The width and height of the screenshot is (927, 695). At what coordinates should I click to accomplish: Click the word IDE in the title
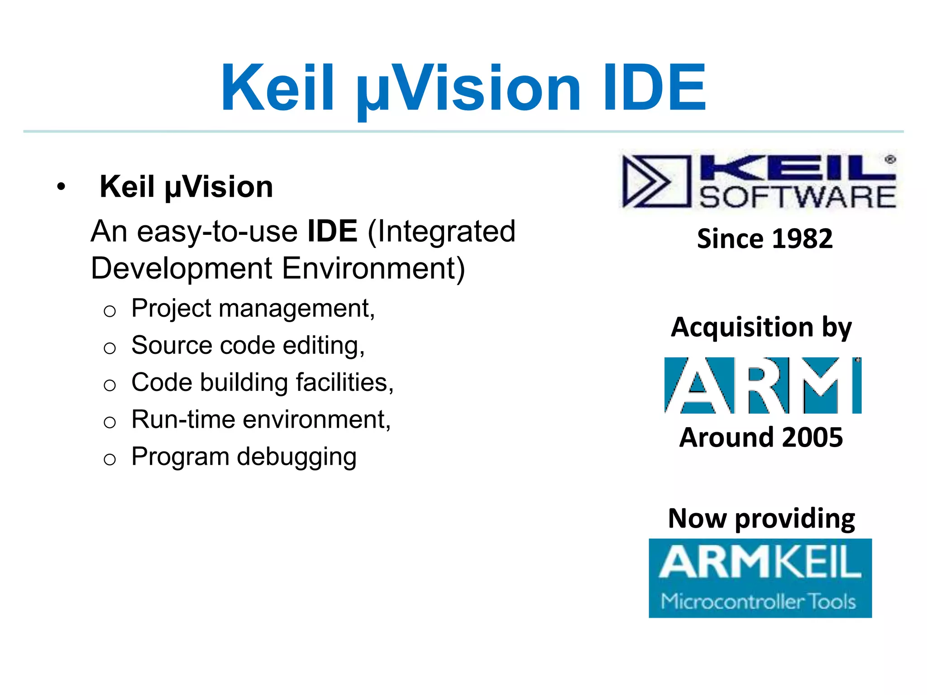[655, 87]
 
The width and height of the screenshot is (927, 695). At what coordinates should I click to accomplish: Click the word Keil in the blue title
[277, 87]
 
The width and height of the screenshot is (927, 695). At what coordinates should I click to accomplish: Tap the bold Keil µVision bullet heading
[186, 187]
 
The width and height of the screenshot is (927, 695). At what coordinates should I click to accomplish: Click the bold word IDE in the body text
[332, 231]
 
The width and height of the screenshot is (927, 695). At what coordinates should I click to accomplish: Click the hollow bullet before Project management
[110, 311]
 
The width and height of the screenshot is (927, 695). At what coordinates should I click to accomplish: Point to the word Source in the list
[172, 345]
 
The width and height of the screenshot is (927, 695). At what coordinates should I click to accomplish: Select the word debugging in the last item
[297, 457]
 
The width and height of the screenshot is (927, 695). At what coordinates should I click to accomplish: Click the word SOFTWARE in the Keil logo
[798, 197]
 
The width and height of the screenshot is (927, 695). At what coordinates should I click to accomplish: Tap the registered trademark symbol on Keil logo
[890, 159]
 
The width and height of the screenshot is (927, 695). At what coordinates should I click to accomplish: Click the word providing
[795, 519]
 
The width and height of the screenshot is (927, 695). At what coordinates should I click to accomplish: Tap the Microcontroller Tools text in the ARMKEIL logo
[758, 601]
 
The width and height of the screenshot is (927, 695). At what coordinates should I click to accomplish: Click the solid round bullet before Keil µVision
[61, 186]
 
